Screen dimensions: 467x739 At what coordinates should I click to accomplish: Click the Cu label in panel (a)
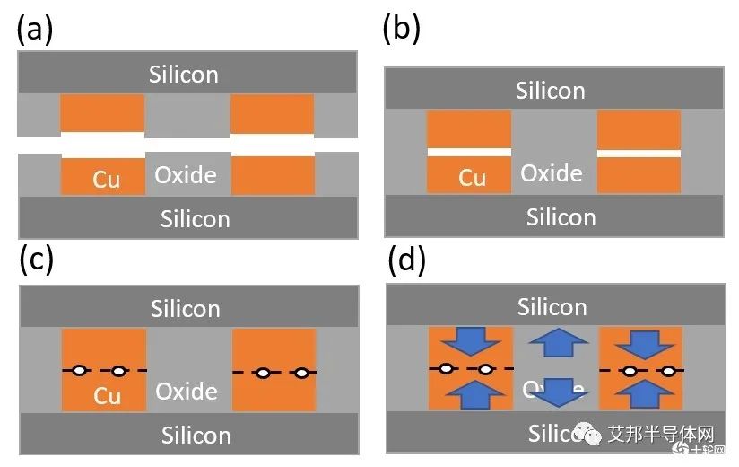[x=107, y=180]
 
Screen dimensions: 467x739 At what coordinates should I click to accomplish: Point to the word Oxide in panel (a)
[x=186, y=174]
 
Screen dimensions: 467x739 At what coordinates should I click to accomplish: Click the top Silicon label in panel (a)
[x=185, y=74]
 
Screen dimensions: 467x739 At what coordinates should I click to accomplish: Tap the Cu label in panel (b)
[x=473, y=178]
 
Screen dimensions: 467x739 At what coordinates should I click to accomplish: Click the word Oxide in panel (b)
[x=552, y=172]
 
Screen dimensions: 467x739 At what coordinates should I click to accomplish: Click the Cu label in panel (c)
[x=108, y=395]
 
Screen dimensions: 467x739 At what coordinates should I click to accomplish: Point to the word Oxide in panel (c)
[x=187, y=392]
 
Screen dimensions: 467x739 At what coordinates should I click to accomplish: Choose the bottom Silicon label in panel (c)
[x=196, y=436]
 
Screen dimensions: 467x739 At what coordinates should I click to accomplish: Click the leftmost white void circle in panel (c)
[x=80, y=370]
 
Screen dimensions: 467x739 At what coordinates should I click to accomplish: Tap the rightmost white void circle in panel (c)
[x=302, y=373]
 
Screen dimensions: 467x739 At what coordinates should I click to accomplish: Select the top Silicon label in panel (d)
[x=552, y=307]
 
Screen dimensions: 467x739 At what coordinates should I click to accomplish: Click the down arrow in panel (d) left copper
[x=472, y=342]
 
